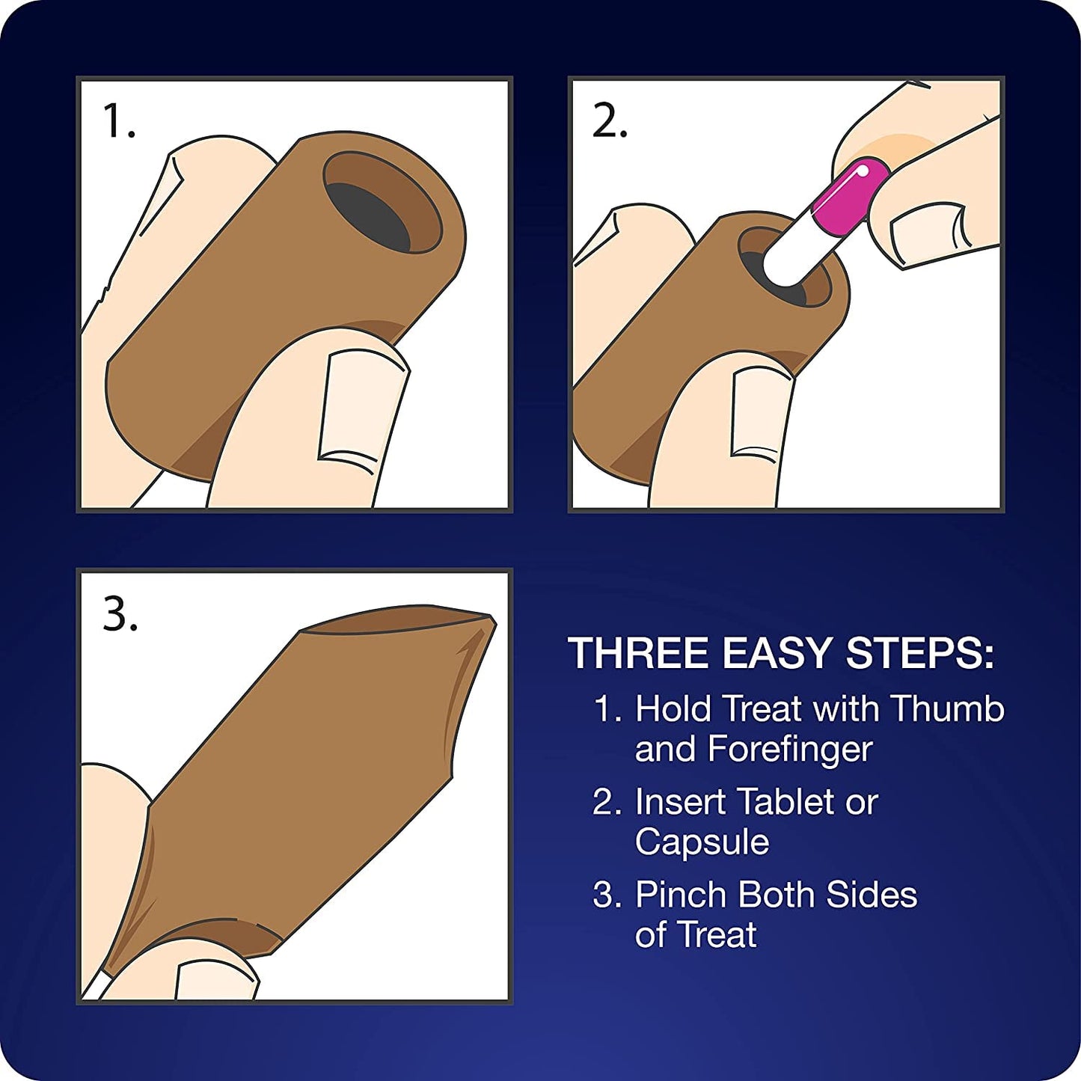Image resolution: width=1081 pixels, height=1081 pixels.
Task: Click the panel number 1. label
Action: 118,121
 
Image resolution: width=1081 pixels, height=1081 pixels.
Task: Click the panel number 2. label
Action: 610,121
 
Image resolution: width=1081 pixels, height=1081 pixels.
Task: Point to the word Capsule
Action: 702,843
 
